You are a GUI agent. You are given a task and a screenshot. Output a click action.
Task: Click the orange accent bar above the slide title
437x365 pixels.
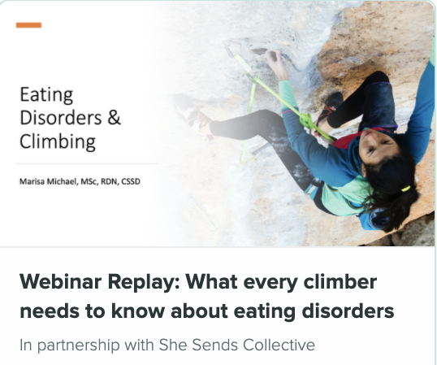click(x=28, y=25)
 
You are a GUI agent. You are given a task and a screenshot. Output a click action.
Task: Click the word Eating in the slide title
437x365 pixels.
click(x=46, y=95)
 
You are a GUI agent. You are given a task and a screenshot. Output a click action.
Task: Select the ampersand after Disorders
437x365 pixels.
click(x=114, y=117)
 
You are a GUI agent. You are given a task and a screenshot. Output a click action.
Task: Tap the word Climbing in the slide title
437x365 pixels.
click(x=58, y=141)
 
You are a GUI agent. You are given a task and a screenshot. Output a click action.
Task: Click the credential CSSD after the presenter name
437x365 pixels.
click(x=131, y=181)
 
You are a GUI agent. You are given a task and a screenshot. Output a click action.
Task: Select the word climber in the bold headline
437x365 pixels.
click(x=340, y=281)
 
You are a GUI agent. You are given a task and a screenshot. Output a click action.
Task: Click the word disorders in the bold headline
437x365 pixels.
click(x=348, y=311)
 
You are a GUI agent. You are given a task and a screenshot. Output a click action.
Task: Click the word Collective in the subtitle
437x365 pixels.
click(x=279, y=345)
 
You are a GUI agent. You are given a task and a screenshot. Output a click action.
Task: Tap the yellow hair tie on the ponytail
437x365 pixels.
click(x=406, y=189)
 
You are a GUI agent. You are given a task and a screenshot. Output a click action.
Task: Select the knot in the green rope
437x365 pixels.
click(x=306, y=120)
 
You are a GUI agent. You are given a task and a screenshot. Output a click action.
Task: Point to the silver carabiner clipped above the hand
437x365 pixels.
click(x=232, y=48)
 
